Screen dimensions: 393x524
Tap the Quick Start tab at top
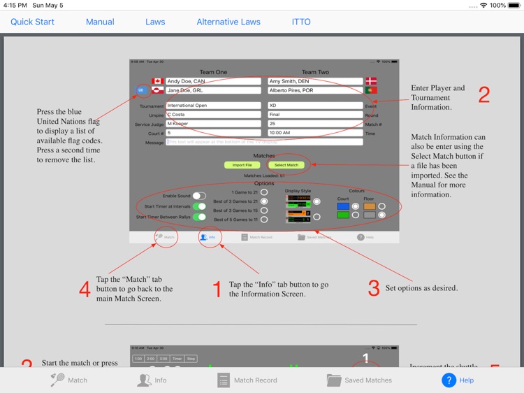click(x=32, y=22)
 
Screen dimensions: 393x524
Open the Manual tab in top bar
click(x=100, y=22)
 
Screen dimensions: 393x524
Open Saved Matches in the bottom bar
click(x=359, y=380)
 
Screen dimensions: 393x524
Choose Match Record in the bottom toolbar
click(x=247, y=380)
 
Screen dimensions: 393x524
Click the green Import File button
click(x=242, y=165)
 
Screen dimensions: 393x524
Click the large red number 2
click(x=483, y=95)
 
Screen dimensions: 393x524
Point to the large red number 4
click(x=85, y=289)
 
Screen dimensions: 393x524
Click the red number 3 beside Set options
click(x=373, y=287)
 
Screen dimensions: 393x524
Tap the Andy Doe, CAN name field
click(x=213, y=82)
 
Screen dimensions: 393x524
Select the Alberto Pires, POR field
click(x=314, y=90)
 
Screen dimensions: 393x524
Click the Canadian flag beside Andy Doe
click(x=157, y=82)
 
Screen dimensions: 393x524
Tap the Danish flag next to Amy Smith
click(x=371, y=82)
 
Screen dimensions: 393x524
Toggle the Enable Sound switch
click(x=199, y=196)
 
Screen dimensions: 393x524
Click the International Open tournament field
click(x=213, y=106)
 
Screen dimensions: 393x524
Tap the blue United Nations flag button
click(x=141, y=90)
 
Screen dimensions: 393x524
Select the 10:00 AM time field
click(x=314, y=132)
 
